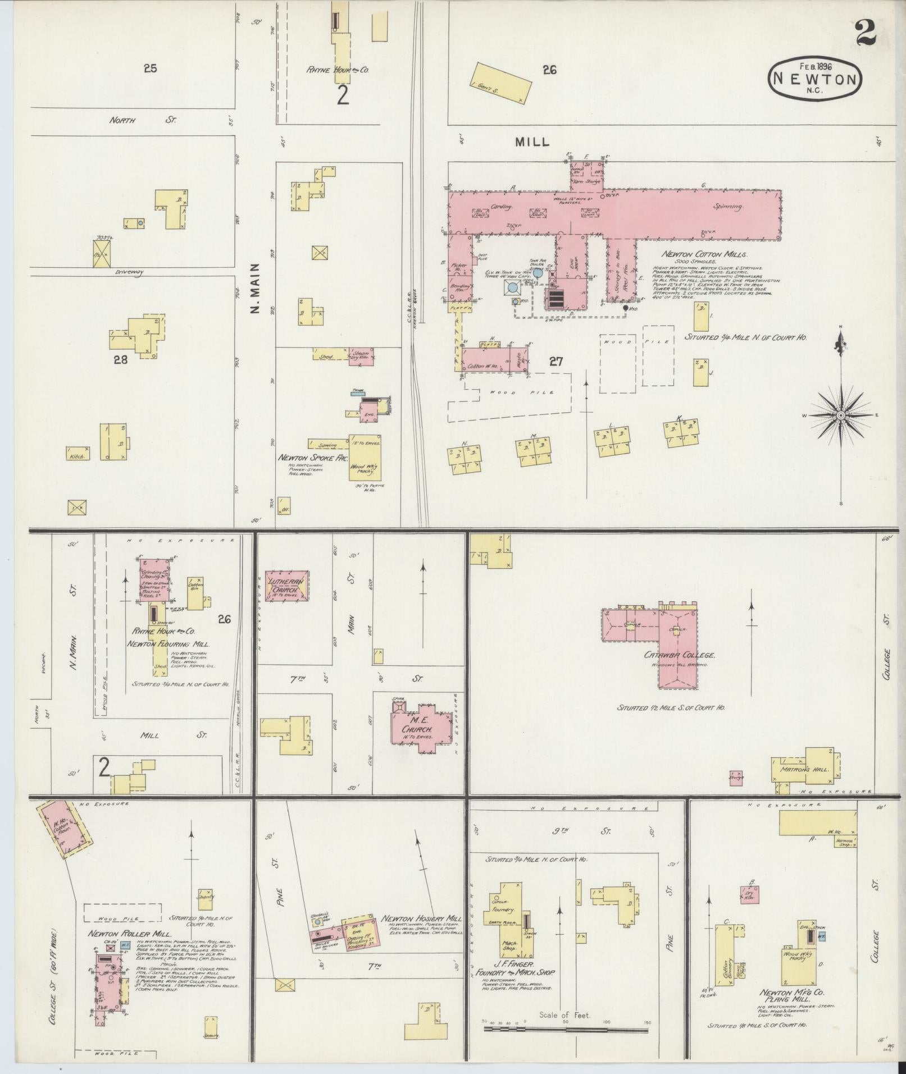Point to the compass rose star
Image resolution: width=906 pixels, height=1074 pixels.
pyautogui.click(x=840, y=415)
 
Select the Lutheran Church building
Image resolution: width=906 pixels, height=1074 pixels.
pyautogui.click(x=287, y=586)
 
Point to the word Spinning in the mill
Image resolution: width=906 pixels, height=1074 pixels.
pyautogui.click(x=729, y=206)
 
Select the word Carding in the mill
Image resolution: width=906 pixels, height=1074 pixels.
pyautogui.click(x=502, y=207)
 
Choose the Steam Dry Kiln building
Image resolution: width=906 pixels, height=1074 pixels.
pyautogui.click(x=361, y=357)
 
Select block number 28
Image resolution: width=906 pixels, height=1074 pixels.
pyautogui.click(x=120, y=359)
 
